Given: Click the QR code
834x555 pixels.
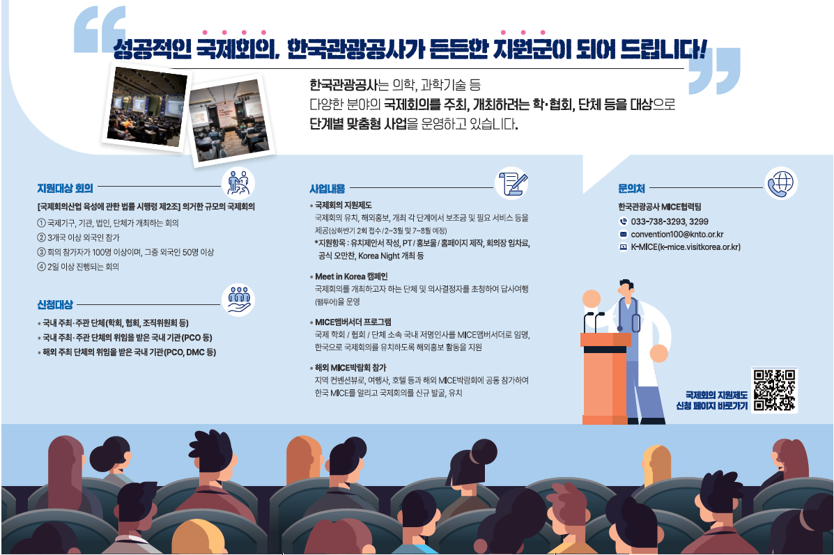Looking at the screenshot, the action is click(x=774, y=390).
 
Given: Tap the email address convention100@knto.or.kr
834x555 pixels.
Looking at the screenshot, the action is click(x=677, y=235).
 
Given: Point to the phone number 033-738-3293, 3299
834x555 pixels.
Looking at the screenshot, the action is click(x=670, y=221).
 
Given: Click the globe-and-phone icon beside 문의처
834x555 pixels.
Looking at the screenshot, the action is click(x=781, y=183).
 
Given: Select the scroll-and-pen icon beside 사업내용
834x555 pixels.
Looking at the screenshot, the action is click(x=511, y=183).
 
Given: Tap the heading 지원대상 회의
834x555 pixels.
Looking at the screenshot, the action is click(x=65, y=188).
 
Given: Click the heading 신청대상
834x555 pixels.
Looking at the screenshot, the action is click(x=55, y=304).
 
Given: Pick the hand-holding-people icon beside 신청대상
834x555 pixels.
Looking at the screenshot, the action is click(x=238, y=300).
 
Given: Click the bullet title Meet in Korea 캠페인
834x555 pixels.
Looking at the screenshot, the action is click(x=351, y=276).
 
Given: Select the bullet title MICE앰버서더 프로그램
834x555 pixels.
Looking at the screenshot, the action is click(x=353, y=322).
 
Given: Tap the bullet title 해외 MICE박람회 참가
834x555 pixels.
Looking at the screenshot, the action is click(x=350, y=368).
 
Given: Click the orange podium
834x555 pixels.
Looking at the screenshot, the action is click(x=605, y=378).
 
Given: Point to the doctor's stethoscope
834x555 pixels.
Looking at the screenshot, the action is click(x=628, y=313).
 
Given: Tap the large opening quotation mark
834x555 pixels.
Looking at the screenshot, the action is click(x=100, y=30).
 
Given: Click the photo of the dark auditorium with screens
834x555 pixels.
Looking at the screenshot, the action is click(x=147, y=107).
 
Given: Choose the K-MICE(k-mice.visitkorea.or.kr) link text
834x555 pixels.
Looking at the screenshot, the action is click(x=686, y=247).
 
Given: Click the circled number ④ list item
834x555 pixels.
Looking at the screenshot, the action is click(x=78, y=267).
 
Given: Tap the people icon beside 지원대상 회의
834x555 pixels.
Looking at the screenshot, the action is click(x=238, y=183).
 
